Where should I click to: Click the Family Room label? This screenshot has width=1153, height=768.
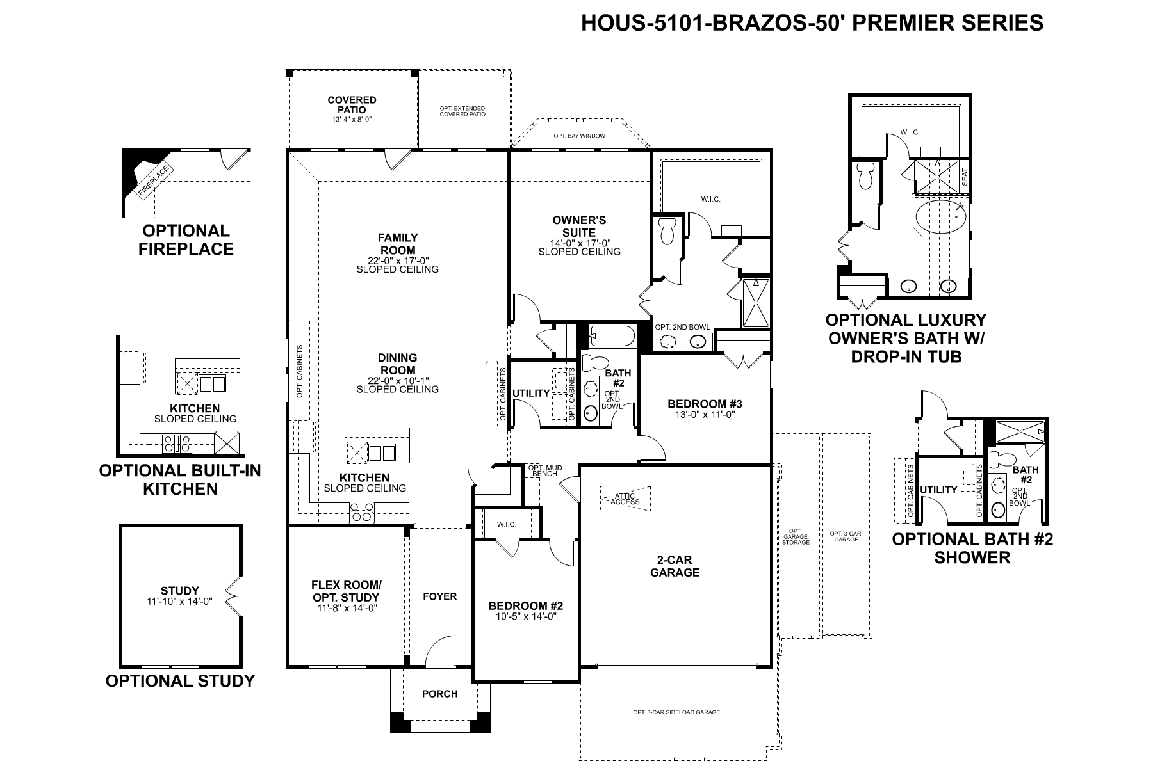tap(397, 244)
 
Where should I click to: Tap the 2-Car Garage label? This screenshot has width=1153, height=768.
tap(675, 566)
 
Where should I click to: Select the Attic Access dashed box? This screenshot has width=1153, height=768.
tap(625, 499)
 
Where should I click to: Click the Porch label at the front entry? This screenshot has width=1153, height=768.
tap(440, 694)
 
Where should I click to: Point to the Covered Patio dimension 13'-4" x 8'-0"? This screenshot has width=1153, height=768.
tap(352, 120)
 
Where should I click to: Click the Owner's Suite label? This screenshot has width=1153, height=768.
tap(579, 227)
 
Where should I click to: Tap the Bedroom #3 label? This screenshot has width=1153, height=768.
tap(705, 404)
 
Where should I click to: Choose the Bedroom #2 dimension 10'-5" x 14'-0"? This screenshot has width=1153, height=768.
tap(525, 616)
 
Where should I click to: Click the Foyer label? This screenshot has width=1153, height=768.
tap(440, 596)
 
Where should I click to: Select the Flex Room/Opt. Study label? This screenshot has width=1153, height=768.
tap(347, 591)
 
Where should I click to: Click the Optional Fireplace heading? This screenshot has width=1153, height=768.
tap(186, 240)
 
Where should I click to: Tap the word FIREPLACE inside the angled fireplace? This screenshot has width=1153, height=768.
tap(154, 180)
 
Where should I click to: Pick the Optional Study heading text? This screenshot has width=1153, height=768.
tap(180, 681)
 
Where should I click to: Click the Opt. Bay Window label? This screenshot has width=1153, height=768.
tap(579, 136)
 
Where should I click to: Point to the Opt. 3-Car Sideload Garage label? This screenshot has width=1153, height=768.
tap(676, 712)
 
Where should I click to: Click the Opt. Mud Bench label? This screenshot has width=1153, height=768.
tap(545, 471)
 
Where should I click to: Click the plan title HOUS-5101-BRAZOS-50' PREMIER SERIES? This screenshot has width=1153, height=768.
tap(812, 22)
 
